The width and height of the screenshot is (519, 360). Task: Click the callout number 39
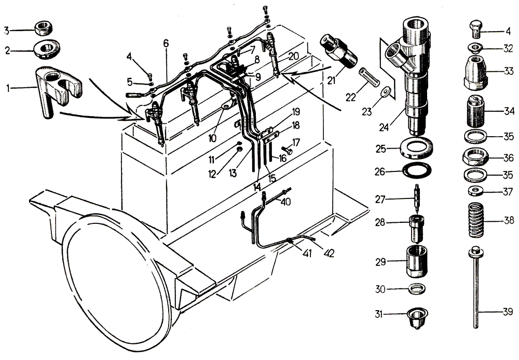pos(508,312)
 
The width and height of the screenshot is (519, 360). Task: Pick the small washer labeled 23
pos(385,91)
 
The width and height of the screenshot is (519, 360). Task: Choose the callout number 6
pos(166,44)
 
